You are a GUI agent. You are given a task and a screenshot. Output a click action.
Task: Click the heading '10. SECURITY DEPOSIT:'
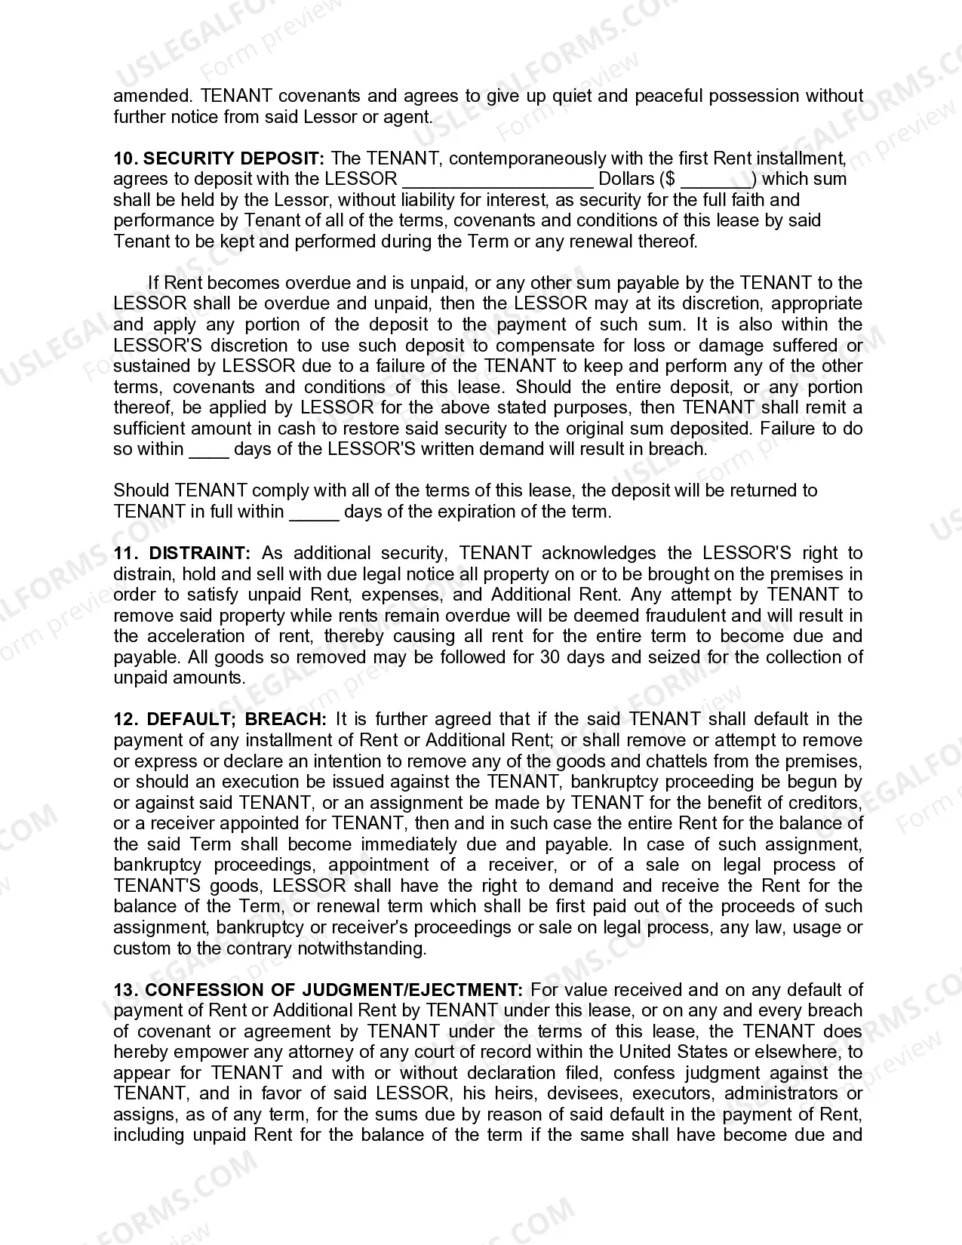[218, 158]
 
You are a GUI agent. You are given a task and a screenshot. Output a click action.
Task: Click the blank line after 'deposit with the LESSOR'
[498, 180]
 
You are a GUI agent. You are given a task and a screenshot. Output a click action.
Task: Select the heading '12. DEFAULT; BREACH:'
[220, 719]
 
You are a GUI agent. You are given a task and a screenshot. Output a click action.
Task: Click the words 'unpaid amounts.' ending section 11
[179, 678]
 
